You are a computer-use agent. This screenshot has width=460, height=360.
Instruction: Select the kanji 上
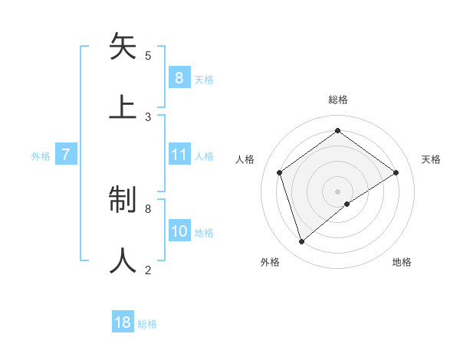[x=123, y=106]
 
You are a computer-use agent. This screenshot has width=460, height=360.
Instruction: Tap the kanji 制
[x=123, y=200]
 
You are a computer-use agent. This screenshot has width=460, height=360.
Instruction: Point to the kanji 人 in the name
[x=123, y=260]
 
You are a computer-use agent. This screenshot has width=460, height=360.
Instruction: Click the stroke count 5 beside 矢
[x=148, y=55]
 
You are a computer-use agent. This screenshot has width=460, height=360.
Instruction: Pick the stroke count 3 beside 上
[x=148, y=116]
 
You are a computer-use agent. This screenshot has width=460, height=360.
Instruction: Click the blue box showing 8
[x=179, y=77]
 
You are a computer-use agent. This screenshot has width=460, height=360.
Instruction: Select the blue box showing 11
[x=179, y=155]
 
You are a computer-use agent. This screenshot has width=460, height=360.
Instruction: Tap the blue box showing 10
[x=179, y=231]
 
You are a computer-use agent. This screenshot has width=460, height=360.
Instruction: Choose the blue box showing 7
[x=66, y=155]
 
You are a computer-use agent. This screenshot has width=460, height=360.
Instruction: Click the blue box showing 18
[x=123, y=322]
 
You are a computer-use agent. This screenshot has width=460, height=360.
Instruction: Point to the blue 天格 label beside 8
[x=203, y=79]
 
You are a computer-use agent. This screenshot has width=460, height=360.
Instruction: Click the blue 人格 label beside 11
[x=204, y=156]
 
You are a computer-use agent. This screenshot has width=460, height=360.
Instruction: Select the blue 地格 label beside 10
[x=204, y=233]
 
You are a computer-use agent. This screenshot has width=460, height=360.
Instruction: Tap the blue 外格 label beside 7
[x=41, y=156]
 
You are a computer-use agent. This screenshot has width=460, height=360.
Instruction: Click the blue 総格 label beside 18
[x=147, y=324]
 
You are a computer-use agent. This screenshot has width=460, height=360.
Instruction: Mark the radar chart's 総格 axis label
[x=338, y=100]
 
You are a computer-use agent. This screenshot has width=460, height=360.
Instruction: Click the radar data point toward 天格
[x=396, y=172]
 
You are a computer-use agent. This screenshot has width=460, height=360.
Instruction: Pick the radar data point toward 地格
[x=347, y=204]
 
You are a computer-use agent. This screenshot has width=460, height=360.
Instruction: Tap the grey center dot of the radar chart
[x=338, y=190]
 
